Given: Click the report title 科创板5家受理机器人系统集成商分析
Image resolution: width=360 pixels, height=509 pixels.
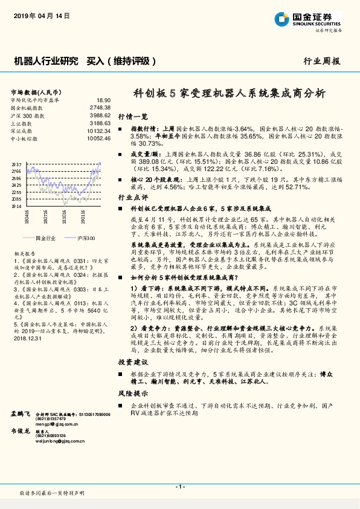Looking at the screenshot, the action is click(x=229, y=93).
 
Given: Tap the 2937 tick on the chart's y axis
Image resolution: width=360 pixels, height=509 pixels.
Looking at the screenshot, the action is click(x=16, y=164).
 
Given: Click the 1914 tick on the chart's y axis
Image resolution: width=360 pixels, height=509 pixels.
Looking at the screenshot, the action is click(x=16, y=206).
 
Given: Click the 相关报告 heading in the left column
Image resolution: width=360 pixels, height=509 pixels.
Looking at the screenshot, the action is click(x=24, y=254).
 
